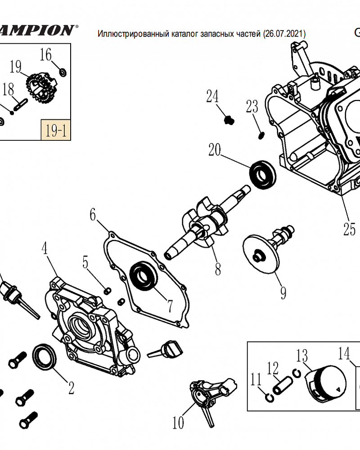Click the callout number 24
point(212,96)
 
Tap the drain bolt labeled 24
point(229,120)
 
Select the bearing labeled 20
point(262,175)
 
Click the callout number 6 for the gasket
point(92,215)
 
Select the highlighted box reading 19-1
point(56,130)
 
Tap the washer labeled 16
point(63,72)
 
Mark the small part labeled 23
point(261,135)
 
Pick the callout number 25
point(349,229)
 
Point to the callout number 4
point(44,248)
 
